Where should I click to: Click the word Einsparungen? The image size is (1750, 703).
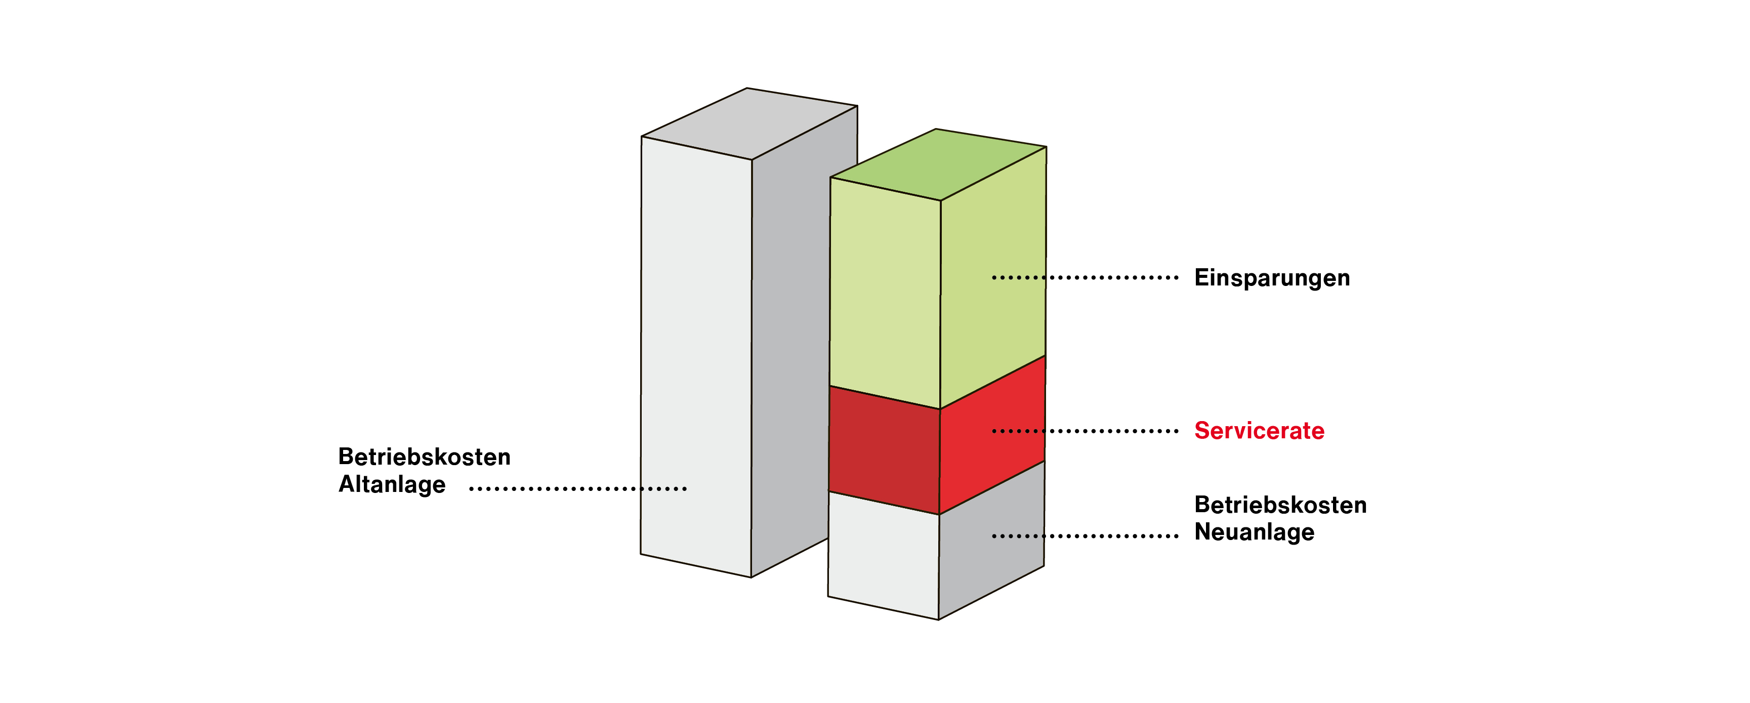[1272, 278]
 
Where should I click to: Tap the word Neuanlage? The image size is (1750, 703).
[1254, 532]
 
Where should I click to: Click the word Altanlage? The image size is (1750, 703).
[392, 484]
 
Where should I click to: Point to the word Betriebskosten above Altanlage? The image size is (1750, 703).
[425, 457]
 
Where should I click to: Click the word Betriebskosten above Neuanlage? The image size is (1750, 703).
[1280, 505]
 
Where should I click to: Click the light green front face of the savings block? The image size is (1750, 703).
[885, 292]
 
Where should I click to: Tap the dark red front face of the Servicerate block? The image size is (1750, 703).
[884, 449]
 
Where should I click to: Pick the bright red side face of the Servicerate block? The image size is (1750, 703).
[992, 435]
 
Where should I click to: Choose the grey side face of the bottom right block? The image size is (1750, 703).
[991, 541]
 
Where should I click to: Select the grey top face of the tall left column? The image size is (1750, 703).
[749, 123]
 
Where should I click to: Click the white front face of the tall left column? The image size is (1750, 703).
[696, 357]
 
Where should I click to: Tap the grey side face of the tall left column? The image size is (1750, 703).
[790, 340]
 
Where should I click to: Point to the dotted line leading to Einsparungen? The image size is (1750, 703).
[1085, 278]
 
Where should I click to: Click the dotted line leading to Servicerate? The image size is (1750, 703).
[1085, 431]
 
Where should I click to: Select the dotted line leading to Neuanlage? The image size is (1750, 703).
[1085, 536]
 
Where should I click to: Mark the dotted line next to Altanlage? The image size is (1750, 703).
[578, 488]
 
